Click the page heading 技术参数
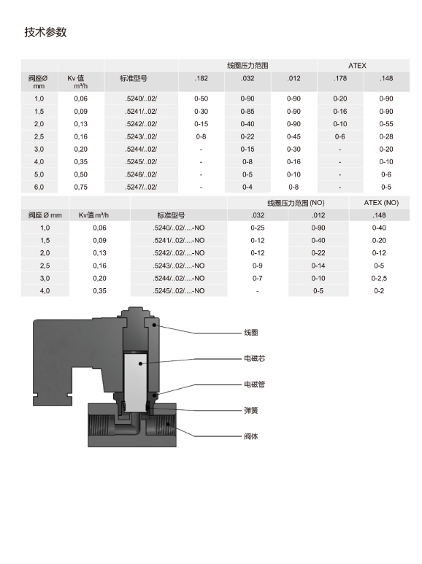click(x=46, y=32)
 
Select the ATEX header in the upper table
click(x=357, y=66)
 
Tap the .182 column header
click(x=201, y=78)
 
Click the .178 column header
click(x=340, y=78)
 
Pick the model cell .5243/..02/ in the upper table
click(x=141, y=136)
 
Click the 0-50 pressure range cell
click(x=201, y=98)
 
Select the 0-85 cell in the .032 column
click(x=248, y=112)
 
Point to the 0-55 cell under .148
click(x=386, y=124)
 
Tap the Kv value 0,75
click(x=80, y=187)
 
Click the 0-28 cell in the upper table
click(x=386, y=136)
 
